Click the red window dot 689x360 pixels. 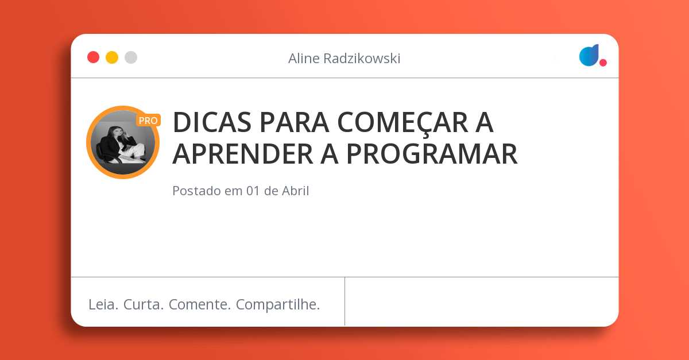93,57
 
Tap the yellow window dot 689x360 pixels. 112,57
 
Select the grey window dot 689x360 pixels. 131,57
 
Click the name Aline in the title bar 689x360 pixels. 304,59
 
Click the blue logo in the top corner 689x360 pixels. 589,55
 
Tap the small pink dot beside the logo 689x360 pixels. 603,63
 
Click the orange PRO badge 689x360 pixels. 148,121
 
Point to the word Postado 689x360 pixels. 196,191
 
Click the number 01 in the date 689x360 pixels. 253,191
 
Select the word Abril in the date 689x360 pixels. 295,191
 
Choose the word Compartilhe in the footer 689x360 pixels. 278,305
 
